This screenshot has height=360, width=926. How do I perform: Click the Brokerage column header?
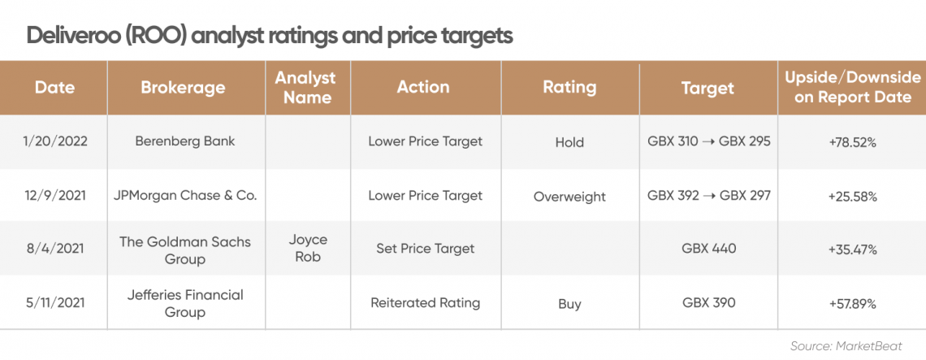tap(183, 88)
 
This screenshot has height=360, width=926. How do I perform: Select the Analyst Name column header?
tap(308, 88)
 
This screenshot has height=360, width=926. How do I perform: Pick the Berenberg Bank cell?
tap(185, 142)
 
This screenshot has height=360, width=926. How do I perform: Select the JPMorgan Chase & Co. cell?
tap(185, 196)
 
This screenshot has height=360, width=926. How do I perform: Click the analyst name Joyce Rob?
tap(308, 249)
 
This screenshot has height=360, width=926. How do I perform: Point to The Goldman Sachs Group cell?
tap(185, 250)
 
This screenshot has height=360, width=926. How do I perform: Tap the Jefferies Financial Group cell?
tap(185, 302)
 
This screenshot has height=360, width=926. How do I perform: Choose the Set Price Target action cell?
tap(425, 249)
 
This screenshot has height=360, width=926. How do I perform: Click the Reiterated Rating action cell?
tap(425, 303)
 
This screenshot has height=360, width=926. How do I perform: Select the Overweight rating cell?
tap(569, 197)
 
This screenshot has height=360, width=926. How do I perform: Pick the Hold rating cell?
tap(569, 142)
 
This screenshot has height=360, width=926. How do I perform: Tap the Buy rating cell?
tap(569, 305)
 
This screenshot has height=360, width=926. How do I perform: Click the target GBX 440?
tap(708, 249)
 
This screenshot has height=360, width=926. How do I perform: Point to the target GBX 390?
tap(708, 302)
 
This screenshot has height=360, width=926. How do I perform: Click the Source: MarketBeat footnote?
tap(855, 346)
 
